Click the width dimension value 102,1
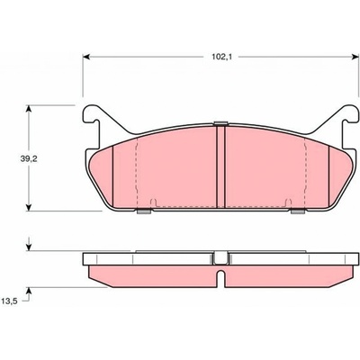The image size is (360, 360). [222, 57]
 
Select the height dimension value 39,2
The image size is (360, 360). [29, 159]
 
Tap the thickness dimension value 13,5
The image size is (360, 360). [9, 301]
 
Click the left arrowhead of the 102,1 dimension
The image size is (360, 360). [86, 57]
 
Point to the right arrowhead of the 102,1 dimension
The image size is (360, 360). [355, 57]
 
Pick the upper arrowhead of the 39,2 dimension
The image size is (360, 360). [29, 109]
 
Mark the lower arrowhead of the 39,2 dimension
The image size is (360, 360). [29, 207]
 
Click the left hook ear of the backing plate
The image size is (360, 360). [93, 120]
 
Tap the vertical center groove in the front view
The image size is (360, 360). [220, 166]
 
